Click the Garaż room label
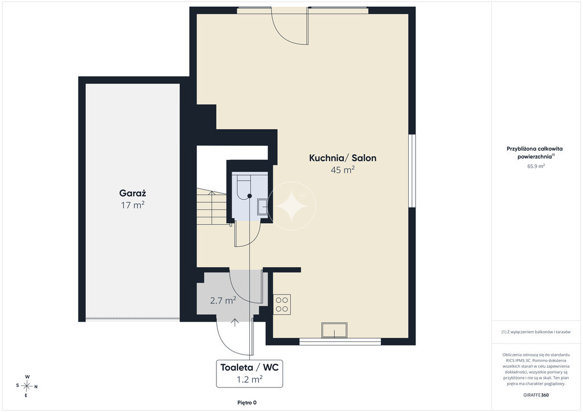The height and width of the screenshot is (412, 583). tap(132, 193)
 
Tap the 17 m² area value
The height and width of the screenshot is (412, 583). tap(132, 205)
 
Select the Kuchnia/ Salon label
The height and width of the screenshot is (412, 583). tap(342, 158)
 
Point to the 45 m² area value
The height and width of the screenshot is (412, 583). tap(342, 170)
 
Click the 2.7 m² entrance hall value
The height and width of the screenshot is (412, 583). tap(223, 300)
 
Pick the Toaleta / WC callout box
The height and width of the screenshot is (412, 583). tap(249, 373)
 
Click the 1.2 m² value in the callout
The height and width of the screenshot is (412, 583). tap(249, 380)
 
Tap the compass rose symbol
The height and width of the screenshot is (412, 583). tap(27, 386)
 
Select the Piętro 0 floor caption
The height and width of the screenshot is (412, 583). tap(247, 402)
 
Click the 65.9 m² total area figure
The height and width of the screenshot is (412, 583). tap(536, 166)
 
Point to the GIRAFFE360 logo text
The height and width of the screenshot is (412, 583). tap(536, 395)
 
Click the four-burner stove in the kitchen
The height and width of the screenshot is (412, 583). tap(282, 304)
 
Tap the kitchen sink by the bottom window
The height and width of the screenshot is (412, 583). tap(334, 330)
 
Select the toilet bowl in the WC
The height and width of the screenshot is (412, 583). tap(244, 188)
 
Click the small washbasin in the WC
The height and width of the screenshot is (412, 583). tap(262, 207)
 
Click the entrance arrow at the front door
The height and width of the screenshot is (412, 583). tap(235, 323)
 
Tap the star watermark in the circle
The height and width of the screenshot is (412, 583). tap(291, 206)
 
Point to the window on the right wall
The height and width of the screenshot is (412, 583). tap(412, 171)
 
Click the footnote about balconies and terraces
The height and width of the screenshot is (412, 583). tap(536, 332)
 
